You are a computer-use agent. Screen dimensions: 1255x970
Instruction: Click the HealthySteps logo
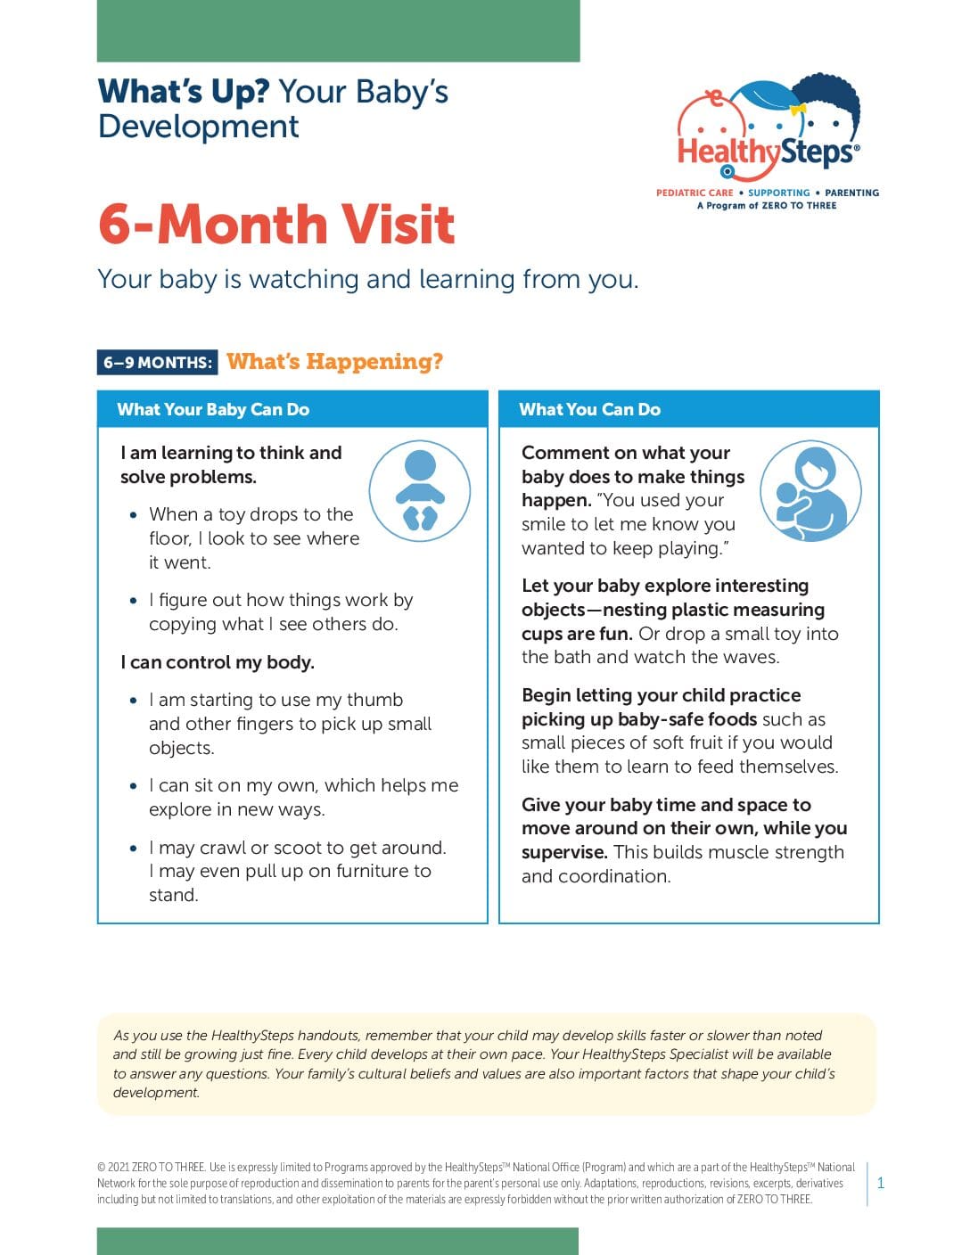[x=769, y=134]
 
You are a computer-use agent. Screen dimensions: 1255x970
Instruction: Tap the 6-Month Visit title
[x=276, y=224]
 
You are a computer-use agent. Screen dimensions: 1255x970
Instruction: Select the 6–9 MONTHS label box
[x=158, y=363]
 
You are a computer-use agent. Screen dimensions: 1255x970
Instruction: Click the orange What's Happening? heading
[x=334, y=361]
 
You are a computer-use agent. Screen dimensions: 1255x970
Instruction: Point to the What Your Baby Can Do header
[x=213, y=410]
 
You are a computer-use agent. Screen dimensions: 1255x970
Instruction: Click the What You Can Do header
[x=589, y=410]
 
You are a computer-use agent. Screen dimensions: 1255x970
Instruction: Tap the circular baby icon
[x=419, y=491]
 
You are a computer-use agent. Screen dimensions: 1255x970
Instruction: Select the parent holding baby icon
[x=810, y=491]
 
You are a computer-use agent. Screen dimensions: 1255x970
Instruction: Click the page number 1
[x=881, y=1183]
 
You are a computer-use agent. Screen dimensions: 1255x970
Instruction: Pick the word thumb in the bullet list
[x=374, y=701]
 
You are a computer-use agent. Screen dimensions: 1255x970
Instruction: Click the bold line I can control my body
[x=218, y=662]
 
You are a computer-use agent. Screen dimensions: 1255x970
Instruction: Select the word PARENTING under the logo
[x=851, y=193]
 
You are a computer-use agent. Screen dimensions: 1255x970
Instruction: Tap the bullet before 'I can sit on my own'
[x=134, y=786]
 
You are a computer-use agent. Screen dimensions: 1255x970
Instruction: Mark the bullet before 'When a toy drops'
[x=134, y=515]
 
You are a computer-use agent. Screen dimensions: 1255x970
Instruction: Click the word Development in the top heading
[x=198, y=127]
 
